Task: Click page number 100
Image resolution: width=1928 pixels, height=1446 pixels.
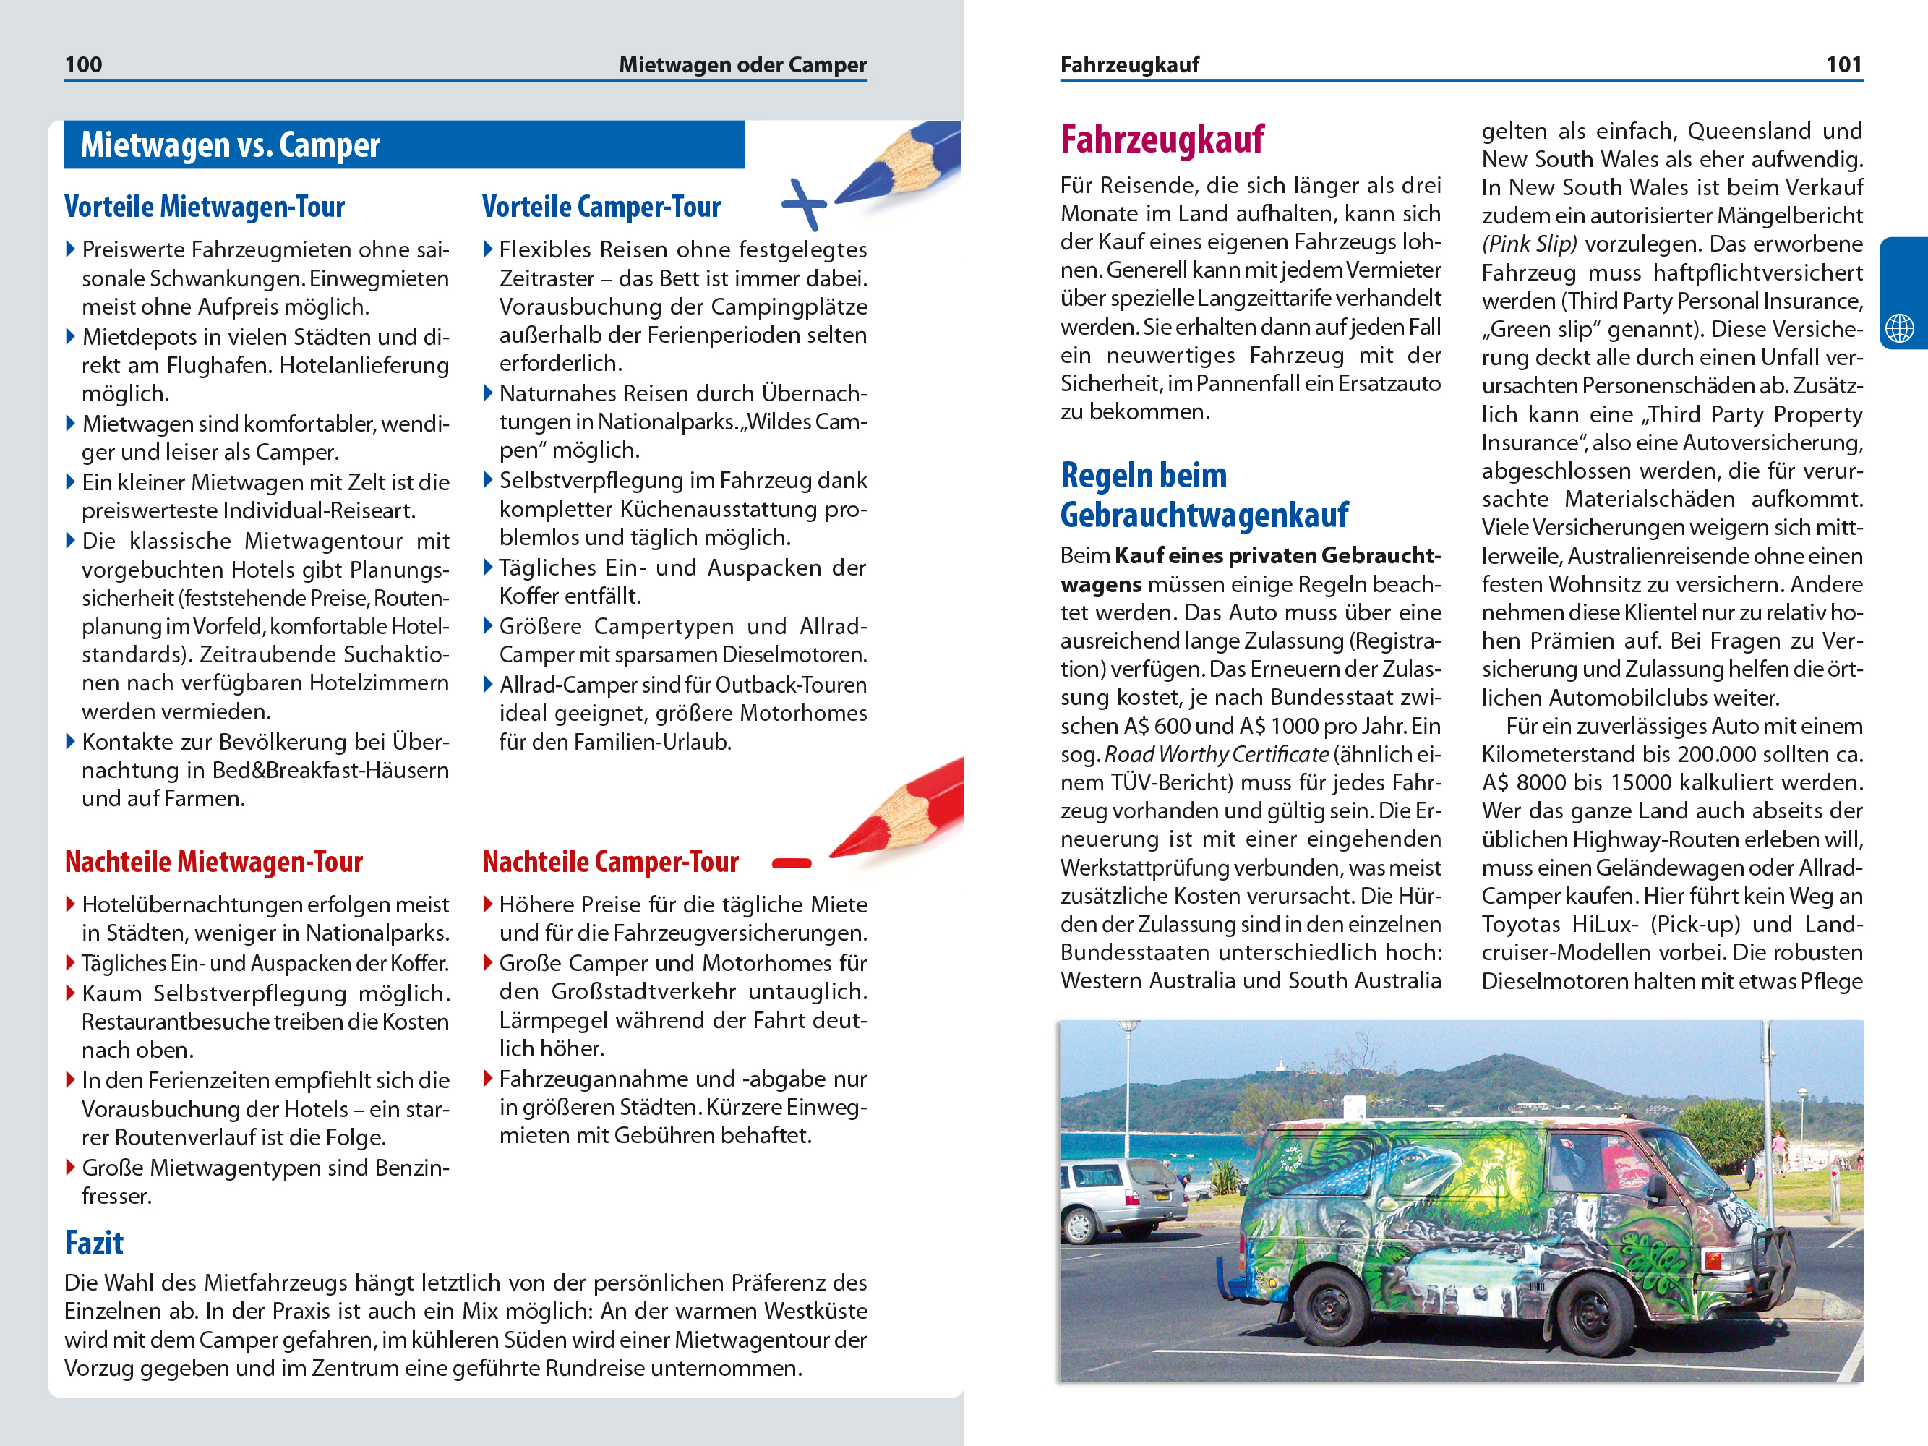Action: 84,64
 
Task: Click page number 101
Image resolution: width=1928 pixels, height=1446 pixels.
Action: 1843,64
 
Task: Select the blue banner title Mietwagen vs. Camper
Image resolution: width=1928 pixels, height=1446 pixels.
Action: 230,145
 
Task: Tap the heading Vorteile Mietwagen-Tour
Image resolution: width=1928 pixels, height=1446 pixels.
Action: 205,208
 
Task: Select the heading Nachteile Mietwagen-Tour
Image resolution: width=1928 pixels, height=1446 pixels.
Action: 213,862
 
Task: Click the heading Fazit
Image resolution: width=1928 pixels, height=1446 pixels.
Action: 94,1244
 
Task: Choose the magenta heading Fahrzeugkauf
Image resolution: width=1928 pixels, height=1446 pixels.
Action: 1162,140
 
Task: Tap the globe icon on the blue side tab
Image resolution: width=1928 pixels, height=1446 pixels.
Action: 1899,328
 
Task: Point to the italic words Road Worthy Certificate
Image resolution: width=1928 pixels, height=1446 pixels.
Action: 1217,755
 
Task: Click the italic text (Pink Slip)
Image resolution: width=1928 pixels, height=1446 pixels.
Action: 1530,245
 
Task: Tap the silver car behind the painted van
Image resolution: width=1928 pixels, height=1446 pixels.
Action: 1120,1194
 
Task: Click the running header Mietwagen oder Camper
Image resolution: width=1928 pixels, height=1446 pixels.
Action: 742,64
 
